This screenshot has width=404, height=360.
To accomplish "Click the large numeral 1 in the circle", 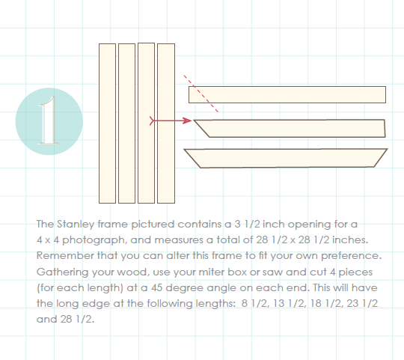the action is (49, 120).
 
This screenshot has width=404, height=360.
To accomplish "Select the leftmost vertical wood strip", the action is (107, 123).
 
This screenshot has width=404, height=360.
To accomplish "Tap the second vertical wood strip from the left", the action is (126, 123).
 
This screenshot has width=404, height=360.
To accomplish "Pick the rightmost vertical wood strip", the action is (166, 123).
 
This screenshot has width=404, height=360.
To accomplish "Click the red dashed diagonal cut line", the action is (201, 94).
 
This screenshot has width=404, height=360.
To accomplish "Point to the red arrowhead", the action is (187, 120).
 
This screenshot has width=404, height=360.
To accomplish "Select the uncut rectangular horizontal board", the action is (287, 94).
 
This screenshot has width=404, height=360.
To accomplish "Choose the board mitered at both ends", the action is (286, 158).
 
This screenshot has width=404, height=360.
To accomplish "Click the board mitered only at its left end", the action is (289, 128).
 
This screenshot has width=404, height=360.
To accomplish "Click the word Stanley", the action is (76, 225).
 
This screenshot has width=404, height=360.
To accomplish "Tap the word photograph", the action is (94, 240).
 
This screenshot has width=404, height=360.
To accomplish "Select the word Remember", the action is (65, 256).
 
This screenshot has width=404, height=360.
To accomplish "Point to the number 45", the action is (156, 287).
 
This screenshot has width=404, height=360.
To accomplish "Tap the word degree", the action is (185, 288).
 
